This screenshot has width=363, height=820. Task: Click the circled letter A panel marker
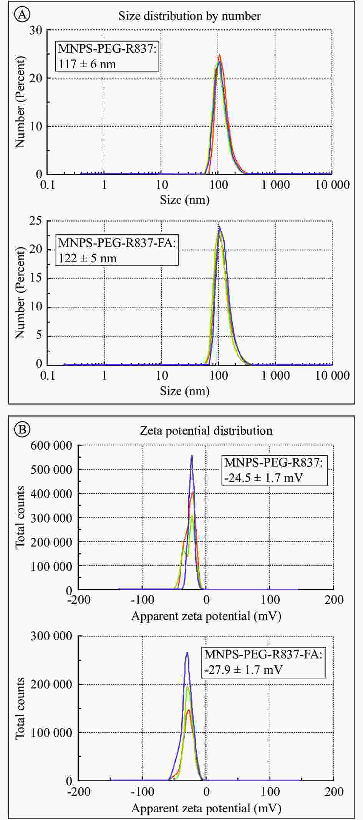[22, 15]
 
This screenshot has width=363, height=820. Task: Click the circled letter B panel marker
[22, 429]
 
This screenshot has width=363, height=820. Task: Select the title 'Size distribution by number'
[189, 16]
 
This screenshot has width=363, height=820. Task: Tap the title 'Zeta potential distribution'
[206, 430]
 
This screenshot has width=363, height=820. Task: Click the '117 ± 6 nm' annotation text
[87, 64]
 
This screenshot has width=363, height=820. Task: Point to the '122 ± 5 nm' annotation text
[88, 258]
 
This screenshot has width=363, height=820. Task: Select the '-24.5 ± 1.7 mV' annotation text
[264, 478]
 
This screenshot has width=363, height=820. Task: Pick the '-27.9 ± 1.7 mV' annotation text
[244, 670]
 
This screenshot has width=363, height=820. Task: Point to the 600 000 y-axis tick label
[51, 445]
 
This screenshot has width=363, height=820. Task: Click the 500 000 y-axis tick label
[51, 470]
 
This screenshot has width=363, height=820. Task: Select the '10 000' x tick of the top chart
[332, 185]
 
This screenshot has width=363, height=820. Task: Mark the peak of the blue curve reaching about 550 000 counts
[192, 456]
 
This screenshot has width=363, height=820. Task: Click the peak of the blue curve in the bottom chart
[187, 653]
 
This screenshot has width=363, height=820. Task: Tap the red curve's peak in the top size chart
[219, 55]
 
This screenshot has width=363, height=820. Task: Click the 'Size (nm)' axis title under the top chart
[185, 200]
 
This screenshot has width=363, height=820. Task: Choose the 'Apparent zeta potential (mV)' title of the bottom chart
[206, 808]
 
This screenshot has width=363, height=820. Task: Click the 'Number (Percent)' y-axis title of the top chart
[20, 102]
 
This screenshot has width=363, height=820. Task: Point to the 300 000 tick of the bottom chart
[51, 636]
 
